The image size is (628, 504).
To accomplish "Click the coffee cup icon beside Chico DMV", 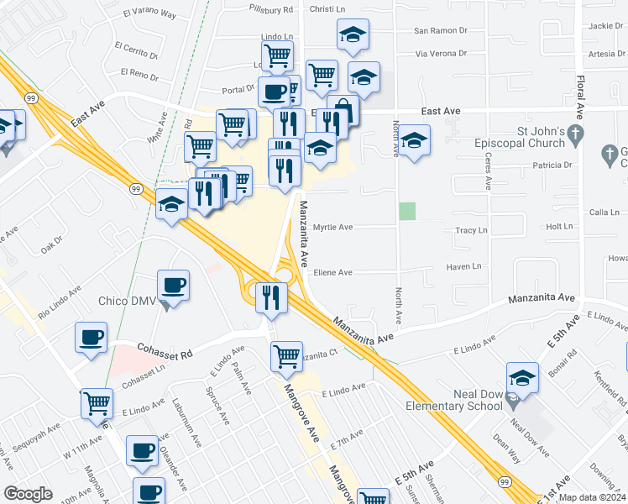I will click(x=173, y=286).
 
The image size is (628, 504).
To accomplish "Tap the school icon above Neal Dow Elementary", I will click(x=522, y=378).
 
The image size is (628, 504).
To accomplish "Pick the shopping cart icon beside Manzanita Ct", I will click(x=286, y=356).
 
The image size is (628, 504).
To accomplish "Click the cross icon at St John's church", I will click(x=574, y=134).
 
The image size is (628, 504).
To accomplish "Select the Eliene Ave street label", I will click(x=332, y=272).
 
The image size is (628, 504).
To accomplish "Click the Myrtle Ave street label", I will click(x=332, y=227).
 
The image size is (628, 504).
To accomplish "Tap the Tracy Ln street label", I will click(x=471, y=230).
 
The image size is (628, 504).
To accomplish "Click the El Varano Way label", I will click(x=149, y=14).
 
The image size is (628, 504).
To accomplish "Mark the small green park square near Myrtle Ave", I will click(x=407, y=211).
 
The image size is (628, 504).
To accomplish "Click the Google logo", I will click(x=29, y=494).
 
